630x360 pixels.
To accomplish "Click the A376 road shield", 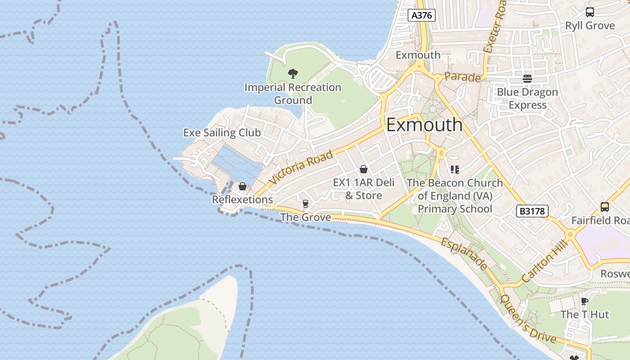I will pyautogui.click(x=422, y=15).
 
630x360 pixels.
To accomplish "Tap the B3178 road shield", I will pyautogui.click(x=532, y=211).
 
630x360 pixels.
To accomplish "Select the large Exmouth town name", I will pyautogui.click(x=424, y=125).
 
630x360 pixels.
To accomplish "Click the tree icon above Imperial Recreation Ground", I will pyautogui.click(x=293, y=73).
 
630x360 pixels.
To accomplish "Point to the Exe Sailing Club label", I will pyautogui.click(x=222, y=133).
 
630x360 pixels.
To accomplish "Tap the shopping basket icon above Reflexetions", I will pyautogui.click(x=243, y=186).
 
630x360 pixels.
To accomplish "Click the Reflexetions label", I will pyautogui.click(x=242, y=199).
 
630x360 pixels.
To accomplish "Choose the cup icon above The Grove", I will pyautogui.click(x=306, y=204).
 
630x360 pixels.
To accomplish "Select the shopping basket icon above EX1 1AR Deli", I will pyautogui.click(x=363, y=170).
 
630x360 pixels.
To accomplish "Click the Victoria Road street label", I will pyautogui.click(x=302, y=167).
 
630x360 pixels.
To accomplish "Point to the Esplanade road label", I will pyautogui.click(x=463, y=254).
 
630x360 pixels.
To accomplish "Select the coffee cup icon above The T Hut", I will pyautogui.click(x=584, y=301).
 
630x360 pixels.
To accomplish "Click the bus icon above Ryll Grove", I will pyautogui.click(x=589, y=12).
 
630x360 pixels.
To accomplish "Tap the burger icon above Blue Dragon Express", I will pyautogui.click(x=527, y=79).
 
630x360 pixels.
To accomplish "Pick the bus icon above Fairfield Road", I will pyautogui.click(x=604, y=207).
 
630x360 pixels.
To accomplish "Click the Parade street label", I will pyautogui.click(x=462, y=77).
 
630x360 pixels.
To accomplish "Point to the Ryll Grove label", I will pyautogui.click(x=590, y=26).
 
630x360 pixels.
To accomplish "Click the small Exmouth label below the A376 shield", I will pyautogui.click(x=418, y=55).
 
